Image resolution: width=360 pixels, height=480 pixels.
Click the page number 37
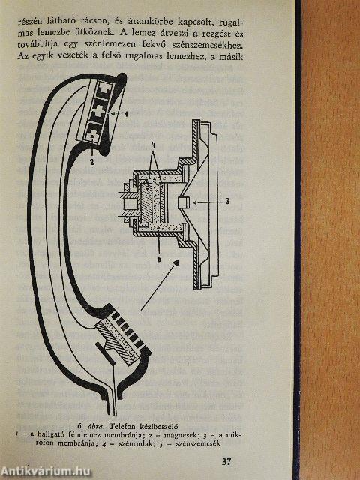tap(226, 462)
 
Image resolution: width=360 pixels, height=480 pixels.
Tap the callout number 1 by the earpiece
tap(126, 114)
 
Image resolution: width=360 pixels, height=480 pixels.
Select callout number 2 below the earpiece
tap(91, 162)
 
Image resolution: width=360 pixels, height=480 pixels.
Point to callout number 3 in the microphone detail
tap(227, 201)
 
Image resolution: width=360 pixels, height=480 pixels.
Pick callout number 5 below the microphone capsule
tap(159, 259)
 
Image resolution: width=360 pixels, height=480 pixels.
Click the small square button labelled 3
tap(184, 202)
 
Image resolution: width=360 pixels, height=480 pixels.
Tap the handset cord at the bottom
tap(114, 388)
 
